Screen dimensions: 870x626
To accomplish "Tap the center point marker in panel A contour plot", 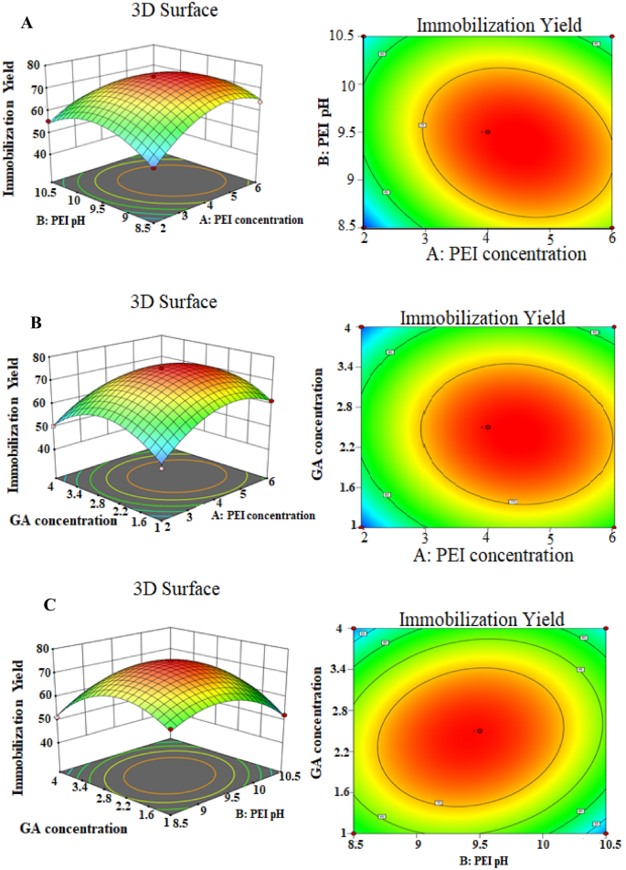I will click(x=488, y=132).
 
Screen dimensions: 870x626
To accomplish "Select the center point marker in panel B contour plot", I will click(x=488, y=427).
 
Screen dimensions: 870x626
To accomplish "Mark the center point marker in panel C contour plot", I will click(x=478, y=731).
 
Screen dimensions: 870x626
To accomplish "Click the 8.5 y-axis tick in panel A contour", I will click(x=345, y=227).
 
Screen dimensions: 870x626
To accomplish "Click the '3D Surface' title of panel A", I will click(x=165, y=11).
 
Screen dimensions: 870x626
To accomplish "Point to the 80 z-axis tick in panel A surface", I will click(x=38, y=64).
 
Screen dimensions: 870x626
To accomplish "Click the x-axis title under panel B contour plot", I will click(x=487, y=555).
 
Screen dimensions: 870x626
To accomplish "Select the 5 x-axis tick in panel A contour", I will click(x=550, y=237).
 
